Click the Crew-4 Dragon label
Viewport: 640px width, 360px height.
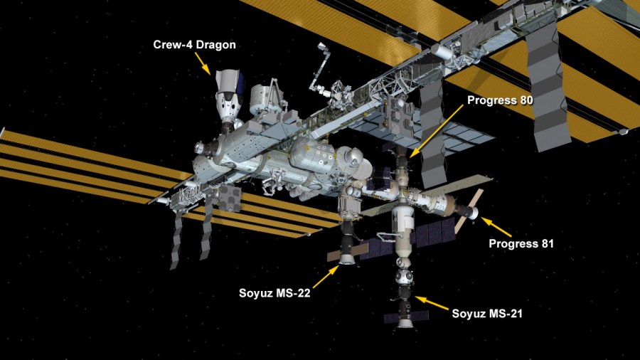click(194, 45)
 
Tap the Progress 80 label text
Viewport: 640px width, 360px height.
click(500, 100)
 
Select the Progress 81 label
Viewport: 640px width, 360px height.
click(521, 243)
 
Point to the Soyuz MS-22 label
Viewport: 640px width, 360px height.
click(274, 293)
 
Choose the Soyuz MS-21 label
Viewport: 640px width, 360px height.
click(487, 314)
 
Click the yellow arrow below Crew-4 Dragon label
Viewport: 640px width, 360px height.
click(203, 63)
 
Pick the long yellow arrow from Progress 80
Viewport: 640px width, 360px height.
click(436, 131)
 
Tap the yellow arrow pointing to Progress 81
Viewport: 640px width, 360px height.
click(496, 227)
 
